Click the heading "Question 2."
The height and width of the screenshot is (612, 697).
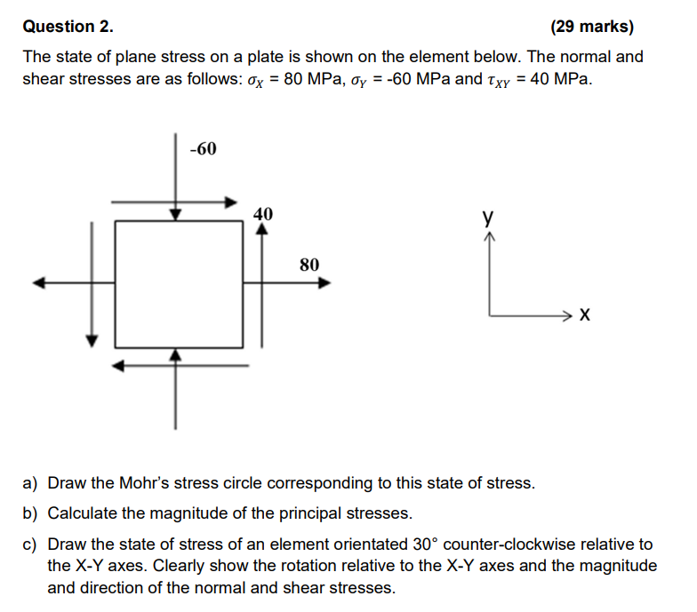click(x=68, y=26)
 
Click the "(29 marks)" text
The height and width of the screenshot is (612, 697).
click(x=592, y=26)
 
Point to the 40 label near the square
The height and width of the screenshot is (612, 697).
click(x=263, y=213)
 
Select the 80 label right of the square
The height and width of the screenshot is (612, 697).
click(x=309, y=264)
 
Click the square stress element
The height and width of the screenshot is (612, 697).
click(x=179, y=283)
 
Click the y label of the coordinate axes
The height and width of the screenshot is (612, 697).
click(x=487, y=216)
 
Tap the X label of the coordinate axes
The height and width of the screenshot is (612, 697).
click(x=584, y=314)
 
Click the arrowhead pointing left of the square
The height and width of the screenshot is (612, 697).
click(x=38, y=283)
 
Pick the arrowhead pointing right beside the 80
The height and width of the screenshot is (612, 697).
click(x=325, y=283)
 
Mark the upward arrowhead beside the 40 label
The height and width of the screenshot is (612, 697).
click(x=261, y=227)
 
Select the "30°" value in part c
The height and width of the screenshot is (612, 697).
click(x=425, y=544)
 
